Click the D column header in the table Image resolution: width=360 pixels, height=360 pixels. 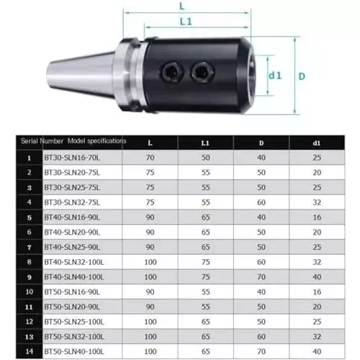pos(261,143)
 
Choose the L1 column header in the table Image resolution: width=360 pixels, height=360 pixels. pos(205,143)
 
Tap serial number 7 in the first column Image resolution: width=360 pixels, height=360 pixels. pos(28,248)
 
